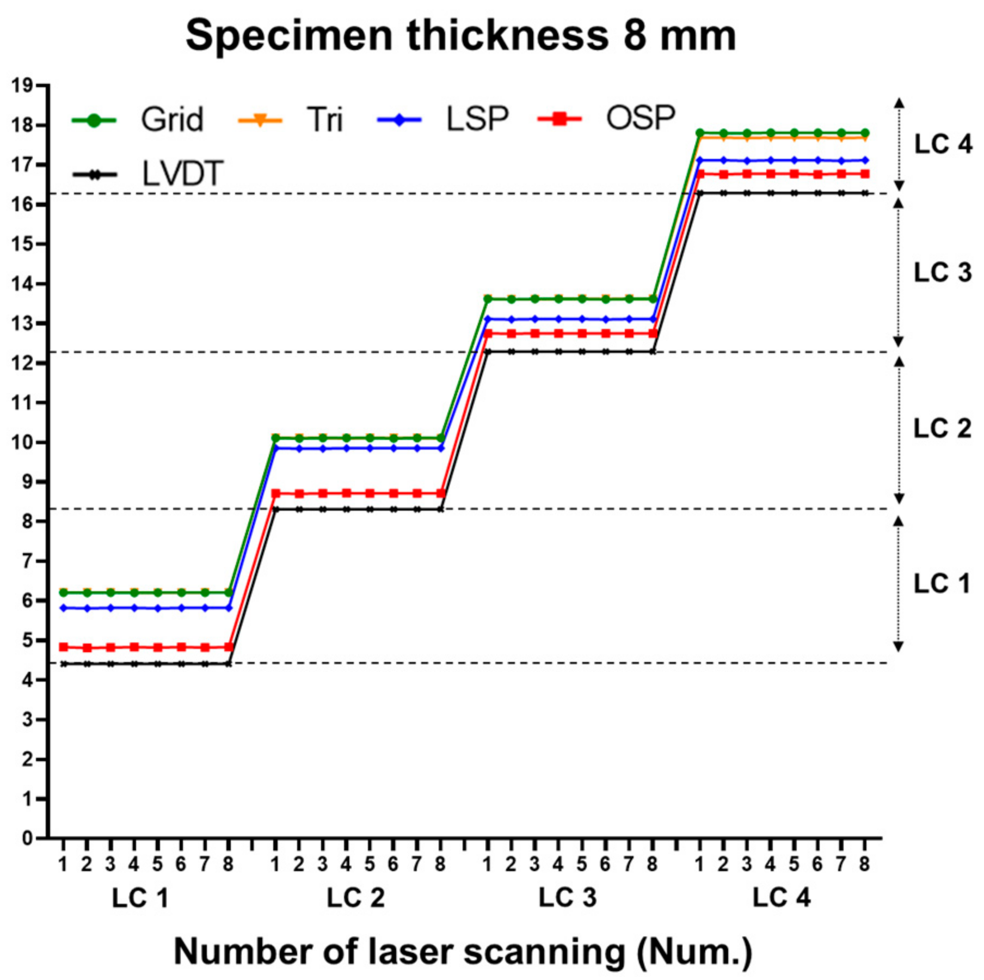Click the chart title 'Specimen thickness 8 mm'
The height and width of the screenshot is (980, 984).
(460, 36)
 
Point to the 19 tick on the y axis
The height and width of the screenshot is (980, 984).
(22, 85)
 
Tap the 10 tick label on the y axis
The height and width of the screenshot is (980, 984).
(22, 442)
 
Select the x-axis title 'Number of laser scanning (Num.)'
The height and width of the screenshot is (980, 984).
(463, 951)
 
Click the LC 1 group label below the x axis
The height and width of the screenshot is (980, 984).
(140, 898)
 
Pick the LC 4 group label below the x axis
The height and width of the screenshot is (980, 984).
(782, 897)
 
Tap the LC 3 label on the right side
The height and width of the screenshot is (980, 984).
(943, 272)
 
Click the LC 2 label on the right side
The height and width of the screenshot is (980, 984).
(943, 428)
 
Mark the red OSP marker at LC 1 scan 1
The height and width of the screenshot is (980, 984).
(64, 647)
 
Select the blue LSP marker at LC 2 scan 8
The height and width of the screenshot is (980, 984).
(441, 448)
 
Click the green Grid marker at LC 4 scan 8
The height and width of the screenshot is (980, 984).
(865, 133)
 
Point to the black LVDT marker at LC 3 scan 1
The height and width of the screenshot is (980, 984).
(488, 352)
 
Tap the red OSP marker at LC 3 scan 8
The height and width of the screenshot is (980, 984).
(653, 333)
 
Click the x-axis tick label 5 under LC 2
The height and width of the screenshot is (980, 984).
(370, 864)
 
